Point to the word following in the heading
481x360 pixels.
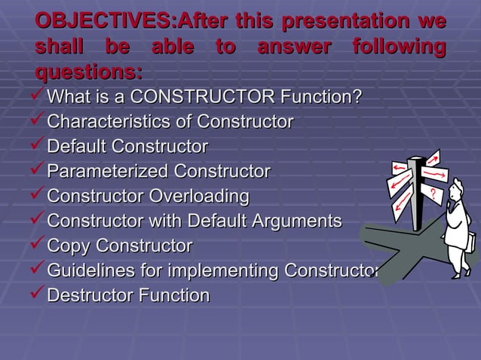[x=398, y=48]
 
